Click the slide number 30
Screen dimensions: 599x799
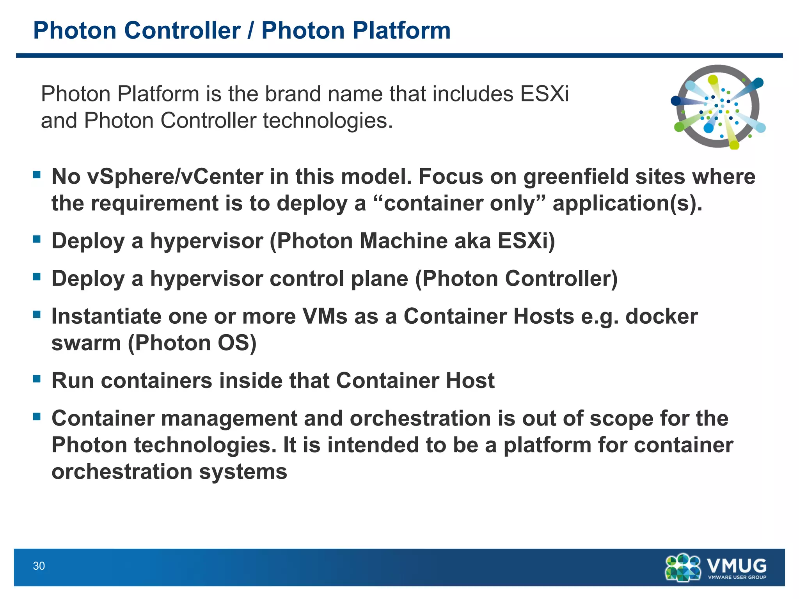point(39,566)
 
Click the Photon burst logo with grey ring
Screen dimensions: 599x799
point(718,106)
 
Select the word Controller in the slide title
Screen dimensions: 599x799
point(182,30)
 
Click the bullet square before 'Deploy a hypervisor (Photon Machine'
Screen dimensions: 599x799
point(37,239)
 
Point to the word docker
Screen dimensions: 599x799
point(661,316)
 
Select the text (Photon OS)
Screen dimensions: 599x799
point(192,343)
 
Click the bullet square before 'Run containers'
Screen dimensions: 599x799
point(37,379)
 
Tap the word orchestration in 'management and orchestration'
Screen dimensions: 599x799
point(420,418)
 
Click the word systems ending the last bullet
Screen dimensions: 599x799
point(243,472)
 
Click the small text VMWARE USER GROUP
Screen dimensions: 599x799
point(737,577)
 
